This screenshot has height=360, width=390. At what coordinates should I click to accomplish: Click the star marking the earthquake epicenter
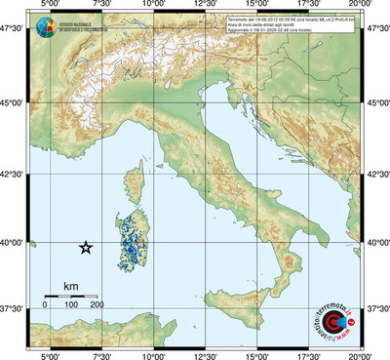[86, 248]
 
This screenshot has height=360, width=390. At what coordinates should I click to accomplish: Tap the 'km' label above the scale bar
[70, 286]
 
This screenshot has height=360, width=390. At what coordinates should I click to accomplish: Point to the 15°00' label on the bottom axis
[257, 355]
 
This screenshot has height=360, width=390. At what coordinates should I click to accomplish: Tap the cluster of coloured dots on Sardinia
[130, 237]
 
